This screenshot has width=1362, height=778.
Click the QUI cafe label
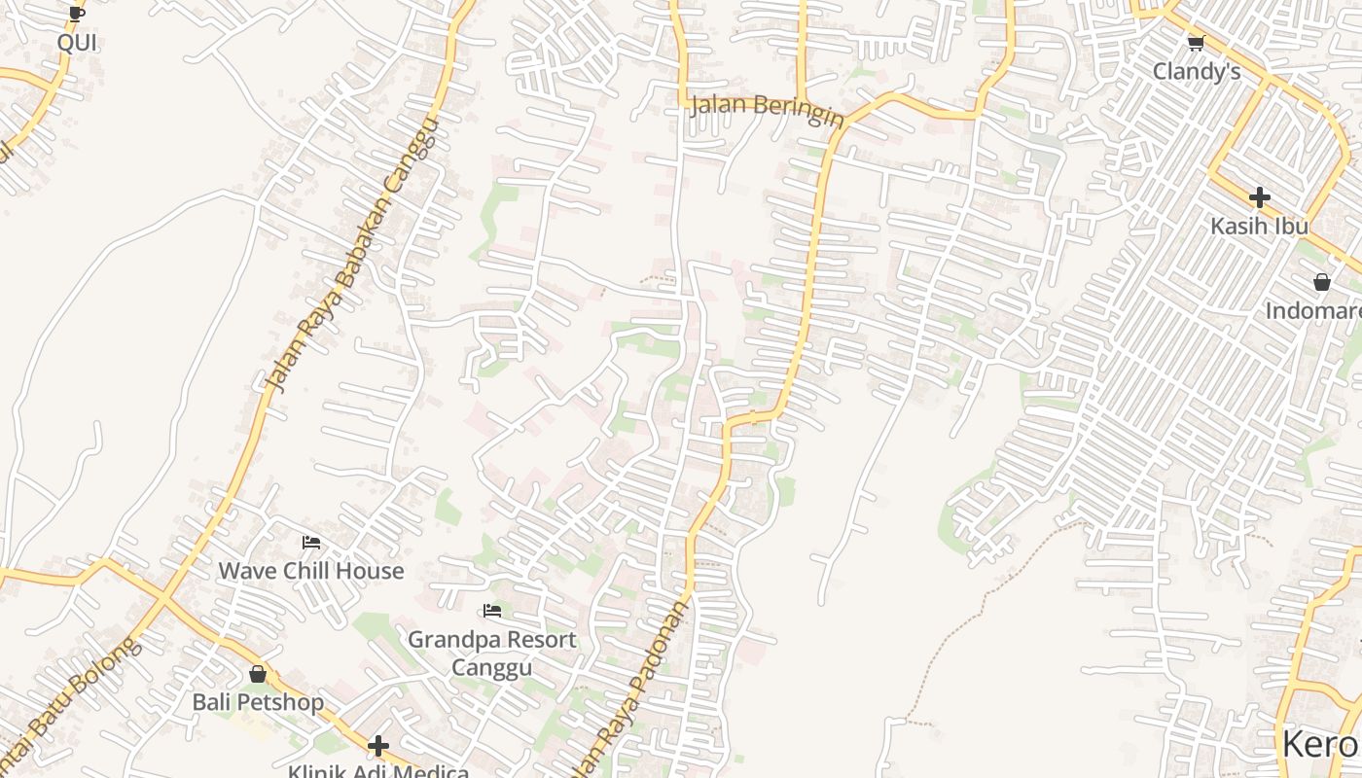[x=77, y=43]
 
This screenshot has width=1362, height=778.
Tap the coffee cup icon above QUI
[x=77, y=14]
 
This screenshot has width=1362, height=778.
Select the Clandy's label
[x=1197, y=71]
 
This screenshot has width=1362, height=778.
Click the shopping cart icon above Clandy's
[x=1197, y=43]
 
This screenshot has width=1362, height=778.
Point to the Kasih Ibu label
[x=1259, y=226]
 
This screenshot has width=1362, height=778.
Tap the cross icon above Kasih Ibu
[x=1260, y=197]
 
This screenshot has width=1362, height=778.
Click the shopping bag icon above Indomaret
[x=1322, y=282]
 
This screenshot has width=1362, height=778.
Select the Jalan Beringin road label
[x=767, y=110]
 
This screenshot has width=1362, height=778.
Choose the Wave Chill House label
[x=310, y=571]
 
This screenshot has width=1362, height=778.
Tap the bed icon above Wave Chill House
[x=311, y=543]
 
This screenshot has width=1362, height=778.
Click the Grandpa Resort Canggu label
[x=492, y=653]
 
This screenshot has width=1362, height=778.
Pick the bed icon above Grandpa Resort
[x=492, y=611]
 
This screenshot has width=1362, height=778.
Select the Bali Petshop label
[x=258, y=702]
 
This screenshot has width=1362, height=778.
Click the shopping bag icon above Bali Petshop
[x=258, y=673]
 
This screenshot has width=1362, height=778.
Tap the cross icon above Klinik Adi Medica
[x=378, y=746]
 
